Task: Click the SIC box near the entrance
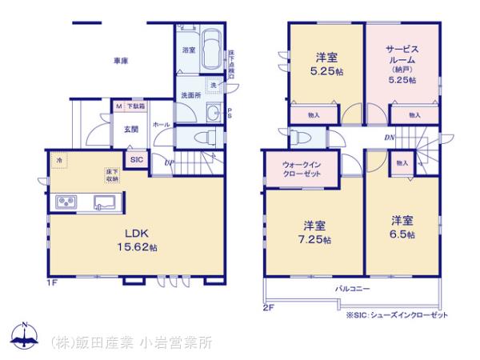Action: [137, 158]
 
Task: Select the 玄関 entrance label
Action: [130, 128]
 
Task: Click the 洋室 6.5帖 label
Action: [402, 227]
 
